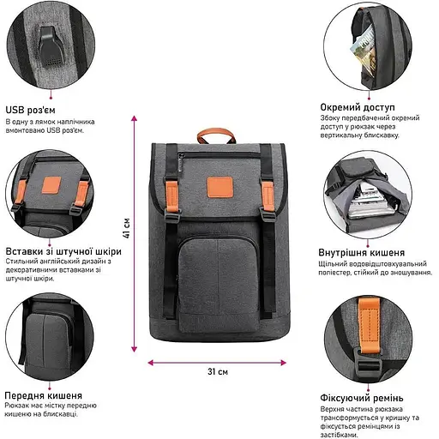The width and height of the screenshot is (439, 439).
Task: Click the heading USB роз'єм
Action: click(x=31, y=110)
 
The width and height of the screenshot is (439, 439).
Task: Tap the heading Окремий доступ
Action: click(x=358, y=107)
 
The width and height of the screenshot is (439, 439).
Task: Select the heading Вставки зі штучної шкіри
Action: click(x=63, y=251)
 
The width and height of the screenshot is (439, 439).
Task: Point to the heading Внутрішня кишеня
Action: click(x=362, y=253)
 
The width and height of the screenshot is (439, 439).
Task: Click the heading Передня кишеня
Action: click(x=44, y=395)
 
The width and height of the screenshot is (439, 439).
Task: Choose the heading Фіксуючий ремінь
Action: click(x=362, y=398)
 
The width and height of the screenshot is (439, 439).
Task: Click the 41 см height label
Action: click(x=126, y=228)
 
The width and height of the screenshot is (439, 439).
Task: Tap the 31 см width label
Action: click(x=218, y=371)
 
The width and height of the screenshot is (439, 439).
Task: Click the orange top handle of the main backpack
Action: click(x=216, y=135)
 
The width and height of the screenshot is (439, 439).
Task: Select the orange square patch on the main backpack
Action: click(x=220, y=187)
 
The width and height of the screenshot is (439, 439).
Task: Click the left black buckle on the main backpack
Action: click(x=172, y=216)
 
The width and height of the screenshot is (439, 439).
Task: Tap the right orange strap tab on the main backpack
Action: click(x=268, y=196)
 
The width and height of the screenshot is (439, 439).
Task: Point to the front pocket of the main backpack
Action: click(x=218, y=285)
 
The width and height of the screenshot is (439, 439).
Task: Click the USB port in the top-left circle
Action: click(x=51, y=47)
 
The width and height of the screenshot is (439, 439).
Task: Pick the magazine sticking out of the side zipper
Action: click(x=363, y=51)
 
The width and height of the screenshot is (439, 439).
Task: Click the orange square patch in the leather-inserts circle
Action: click(x=51, y=185)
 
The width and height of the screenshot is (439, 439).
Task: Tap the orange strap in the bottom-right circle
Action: click(x=369, y=325)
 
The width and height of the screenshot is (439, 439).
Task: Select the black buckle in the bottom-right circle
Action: click(x=369, y=363)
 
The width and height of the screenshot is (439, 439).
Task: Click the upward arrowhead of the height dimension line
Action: click(x=134, y=118)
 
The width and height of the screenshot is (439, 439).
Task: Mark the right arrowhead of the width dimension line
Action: click(x=283, y=363)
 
